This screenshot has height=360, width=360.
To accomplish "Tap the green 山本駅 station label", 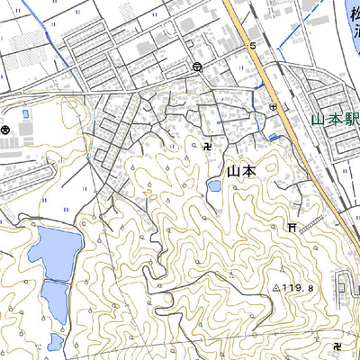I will (x=335, y=119).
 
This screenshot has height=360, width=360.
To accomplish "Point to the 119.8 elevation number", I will (x=301, y=288).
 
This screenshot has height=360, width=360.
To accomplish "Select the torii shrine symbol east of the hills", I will (x=292, y=229).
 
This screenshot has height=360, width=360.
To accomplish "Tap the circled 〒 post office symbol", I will (x=197, y=67).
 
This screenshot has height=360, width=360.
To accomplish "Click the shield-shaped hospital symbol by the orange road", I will (x=273, y=107).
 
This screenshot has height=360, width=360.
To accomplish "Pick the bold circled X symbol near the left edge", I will (x=6, y=131).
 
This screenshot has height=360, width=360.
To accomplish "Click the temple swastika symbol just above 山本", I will (x=210, y=144).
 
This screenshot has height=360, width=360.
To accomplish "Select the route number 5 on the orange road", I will (x=253, y=45).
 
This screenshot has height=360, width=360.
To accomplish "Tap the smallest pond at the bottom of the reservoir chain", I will (x=56, y=341).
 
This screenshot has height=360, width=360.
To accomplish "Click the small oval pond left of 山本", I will (x=214, y=186).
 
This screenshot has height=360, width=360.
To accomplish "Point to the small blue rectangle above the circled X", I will (x=24, y=113).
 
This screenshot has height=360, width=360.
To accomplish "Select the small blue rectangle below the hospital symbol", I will (x=273, y=136).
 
